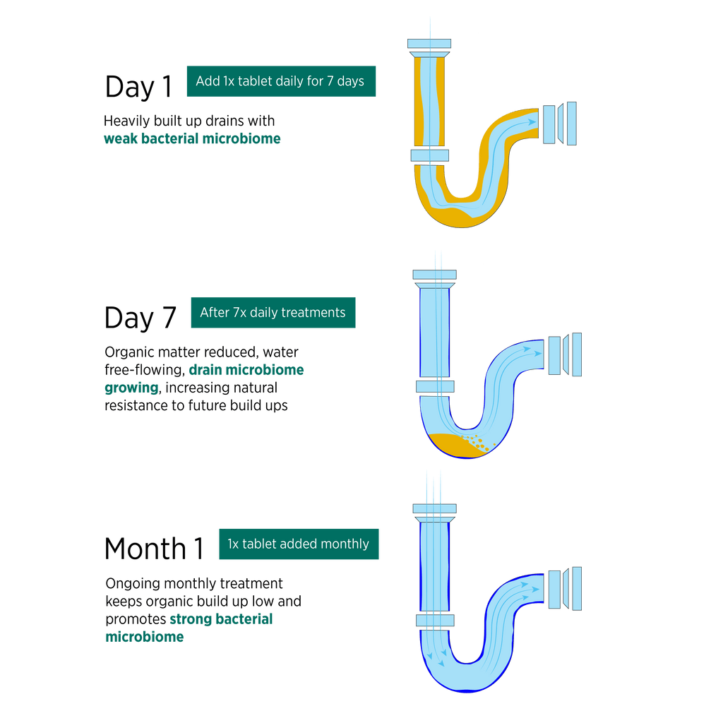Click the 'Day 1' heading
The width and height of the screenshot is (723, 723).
point(138,87)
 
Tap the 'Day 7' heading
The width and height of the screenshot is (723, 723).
point(141,318)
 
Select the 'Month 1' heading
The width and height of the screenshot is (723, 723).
point(154,549)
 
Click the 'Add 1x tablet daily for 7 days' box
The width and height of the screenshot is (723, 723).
point(280,81)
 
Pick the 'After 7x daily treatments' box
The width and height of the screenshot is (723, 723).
point(273,313)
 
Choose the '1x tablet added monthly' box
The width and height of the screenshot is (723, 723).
point(298,544)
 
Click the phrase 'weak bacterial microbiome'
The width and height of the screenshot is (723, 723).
point(192,138)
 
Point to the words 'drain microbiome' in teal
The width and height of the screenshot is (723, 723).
point(246,370)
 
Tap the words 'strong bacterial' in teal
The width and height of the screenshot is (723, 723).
point(221,619)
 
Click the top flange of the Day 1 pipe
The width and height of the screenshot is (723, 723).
point(429,47)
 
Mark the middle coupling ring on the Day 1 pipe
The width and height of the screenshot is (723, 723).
point(429,155)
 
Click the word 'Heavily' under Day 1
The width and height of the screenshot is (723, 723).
point(126,120)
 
